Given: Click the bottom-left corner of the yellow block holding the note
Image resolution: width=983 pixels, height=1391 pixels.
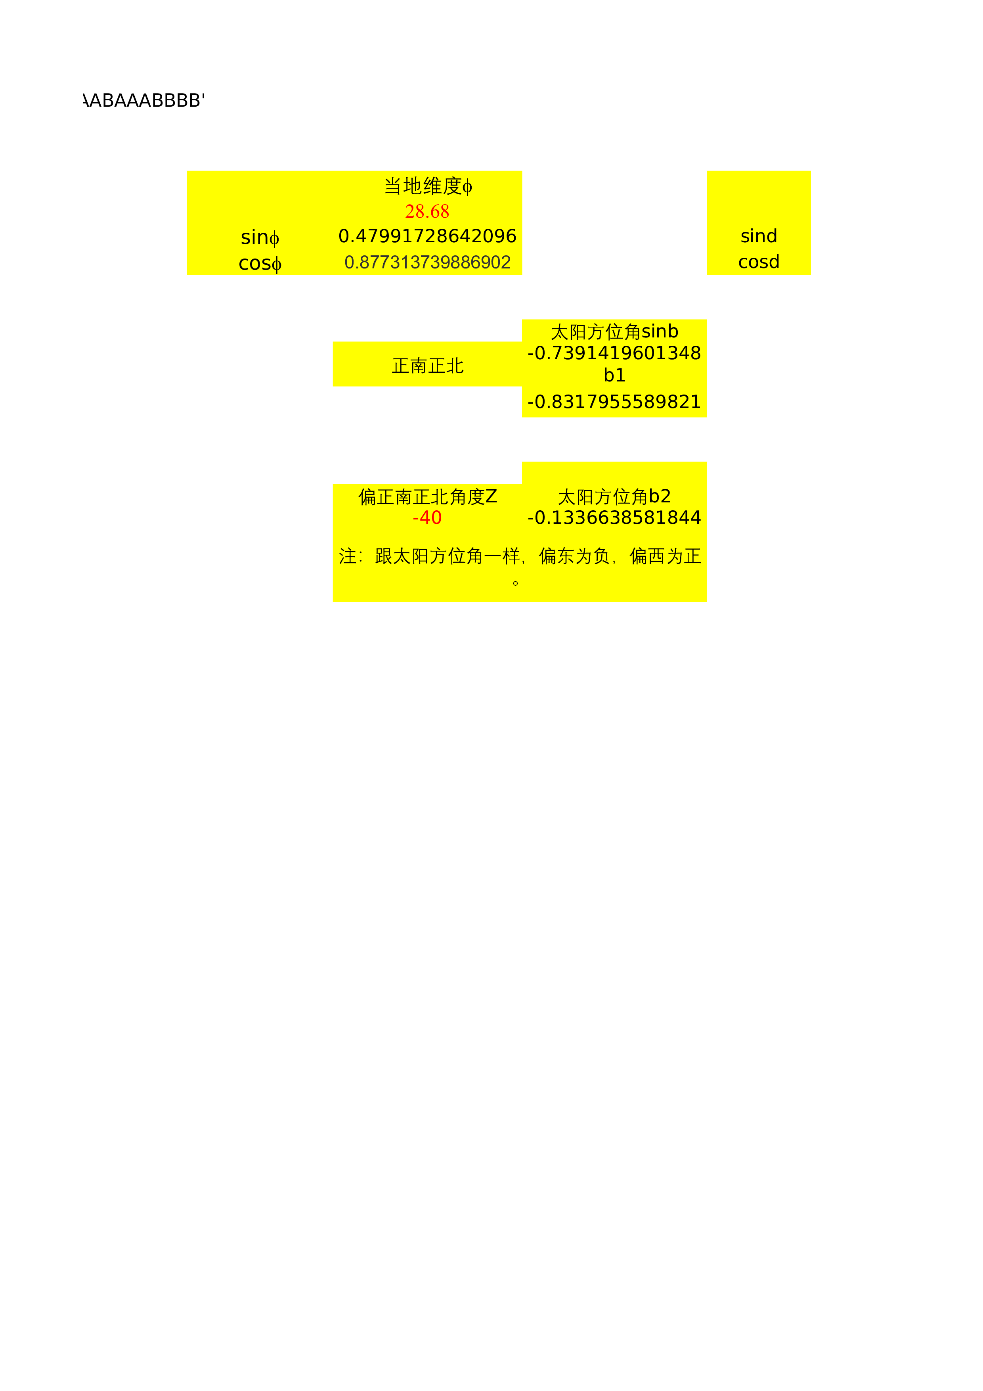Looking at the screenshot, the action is click(x=333, y=602).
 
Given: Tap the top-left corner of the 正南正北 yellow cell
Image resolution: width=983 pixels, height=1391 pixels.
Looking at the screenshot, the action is click(x=333, y=342).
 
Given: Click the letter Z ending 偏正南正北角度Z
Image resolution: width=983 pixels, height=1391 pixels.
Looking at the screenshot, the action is click(x=491, y=497).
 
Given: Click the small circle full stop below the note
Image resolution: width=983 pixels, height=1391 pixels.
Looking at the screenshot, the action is click(x=515, y=583).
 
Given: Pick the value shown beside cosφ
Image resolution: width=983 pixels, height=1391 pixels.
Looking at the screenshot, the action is click(x=428, y=262).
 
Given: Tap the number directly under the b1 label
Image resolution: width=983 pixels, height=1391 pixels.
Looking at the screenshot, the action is click(x=614, y=402).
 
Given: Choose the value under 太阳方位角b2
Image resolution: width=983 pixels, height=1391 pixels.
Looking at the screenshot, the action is click(x=614, y=517).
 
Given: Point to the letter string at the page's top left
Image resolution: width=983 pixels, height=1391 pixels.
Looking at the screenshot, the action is click(x=144, y=101).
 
